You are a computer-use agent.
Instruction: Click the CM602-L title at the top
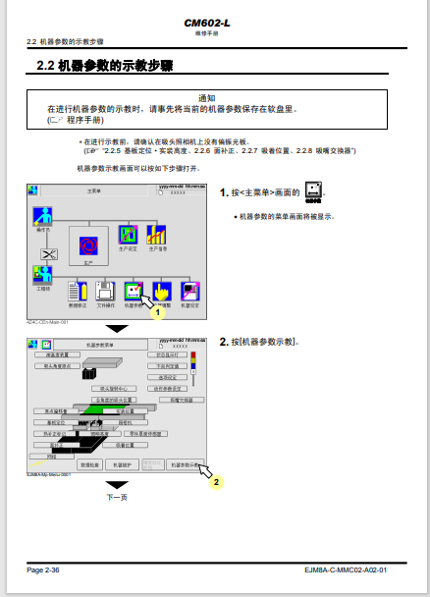(213, 22)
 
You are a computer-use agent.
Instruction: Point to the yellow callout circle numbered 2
(217, 482)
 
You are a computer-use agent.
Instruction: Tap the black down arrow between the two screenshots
(117, 328)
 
